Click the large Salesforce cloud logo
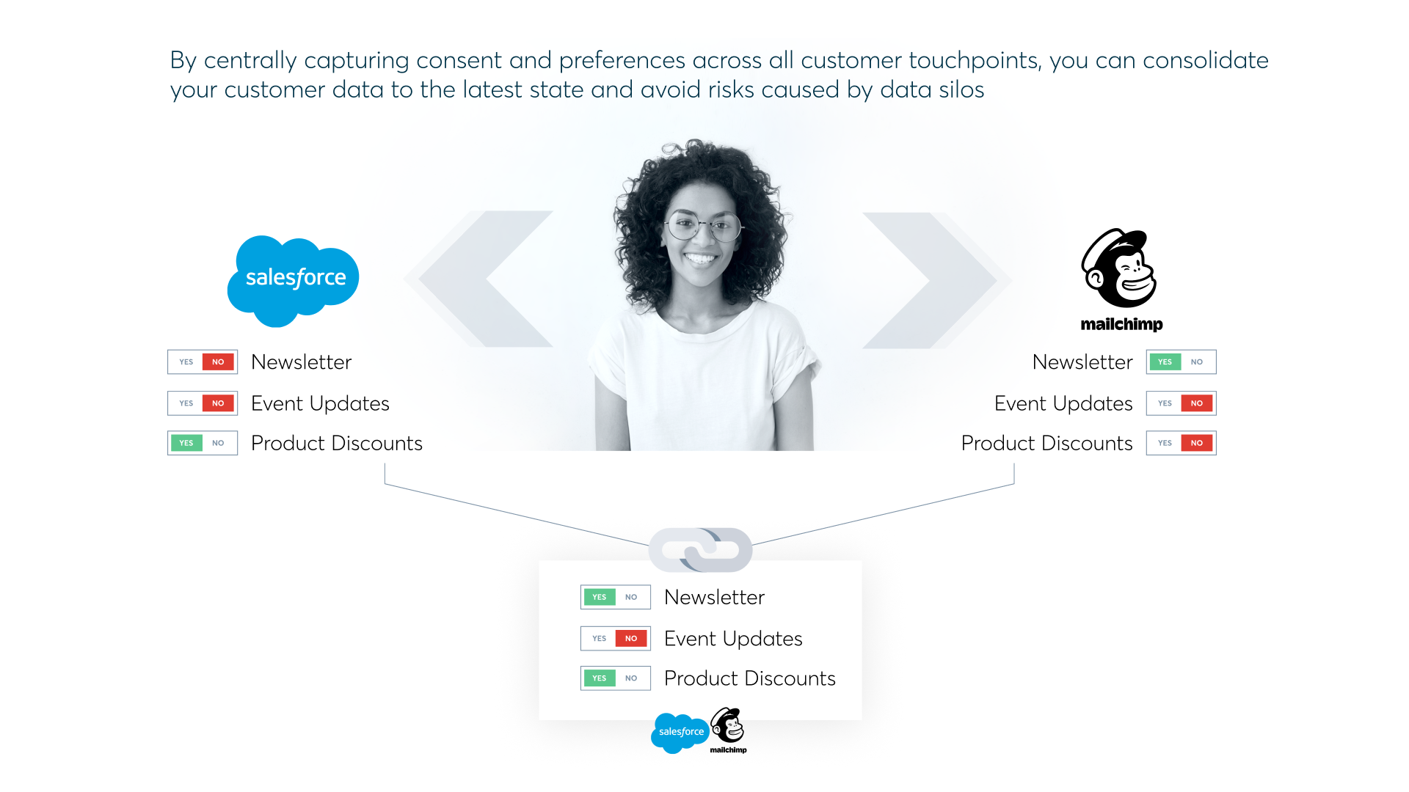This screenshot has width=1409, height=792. (294, 279)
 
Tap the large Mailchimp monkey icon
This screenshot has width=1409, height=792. (1120, 268)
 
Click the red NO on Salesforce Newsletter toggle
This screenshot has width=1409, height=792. (218, 362)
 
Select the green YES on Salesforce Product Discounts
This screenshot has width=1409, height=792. (186, 443)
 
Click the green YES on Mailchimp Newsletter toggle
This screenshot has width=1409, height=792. (1165, 362)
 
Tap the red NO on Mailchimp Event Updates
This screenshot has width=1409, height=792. (1196, 403)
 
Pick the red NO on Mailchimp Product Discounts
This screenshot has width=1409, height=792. (1196, 443)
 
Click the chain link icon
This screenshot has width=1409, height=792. (700, 550)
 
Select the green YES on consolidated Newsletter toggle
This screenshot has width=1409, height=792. (599, 597)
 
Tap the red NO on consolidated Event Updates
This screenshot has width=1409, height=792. (631, 639)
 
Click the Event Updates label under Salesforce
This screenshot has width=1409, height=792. (320, 403)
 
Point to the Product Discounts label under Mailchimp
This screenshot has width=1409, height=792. (1046, 443)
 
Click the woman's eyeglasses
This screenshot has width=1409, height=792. (702, 226)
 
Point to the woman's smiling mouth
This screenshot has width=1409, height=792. (700, 258)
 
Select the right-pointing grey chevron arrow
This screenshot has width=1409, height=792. (931, 280)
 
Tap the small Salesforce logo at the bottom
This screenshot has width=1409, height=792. (680, 732)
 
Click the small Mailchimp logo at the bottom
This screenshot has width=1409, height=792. (728, 729)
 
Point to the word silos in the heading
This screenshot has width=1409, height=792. (958, 89)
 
